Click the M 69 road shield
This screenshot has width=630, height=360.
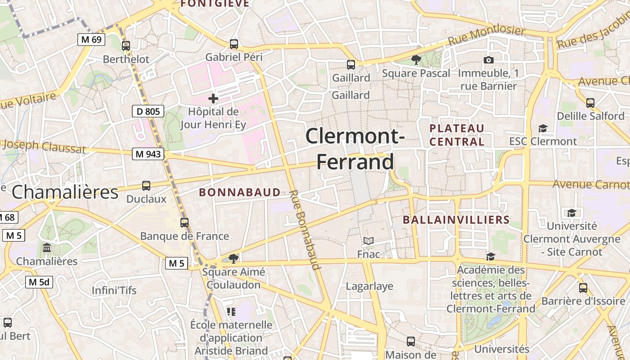tap(91, 40)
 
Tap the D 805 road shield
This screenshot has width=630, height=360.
tap(148, 111)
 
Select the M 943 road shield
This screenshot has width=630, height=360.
tap(148, 154)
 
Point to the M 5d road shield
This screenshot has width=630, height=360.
tap(39, 282)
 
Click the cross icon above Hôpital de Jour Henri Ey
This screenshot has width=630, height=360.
tap(213, 98)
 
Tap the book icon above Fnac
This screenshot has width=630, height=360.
tap(369, 241)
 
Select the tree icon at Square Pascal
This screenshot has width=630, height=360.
tap(416, 59)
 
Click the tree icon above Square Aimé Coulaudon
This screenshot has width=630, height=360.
tap(233, 258)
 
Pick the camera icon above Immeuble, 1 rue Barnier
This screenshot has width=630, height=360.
tap(489, 60)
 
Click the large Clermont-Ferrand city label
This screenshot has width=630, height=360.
tap(355, 148)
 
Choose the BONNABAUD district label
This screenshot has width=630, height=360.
tap(240, 193)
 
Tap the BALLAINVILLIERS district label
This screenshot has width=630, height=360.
tap(456, 220)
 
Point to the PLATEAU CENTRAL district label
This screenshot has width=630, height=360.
tap(457, 135)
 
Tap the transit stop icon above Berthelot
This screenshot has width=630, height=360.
tap(126, 45)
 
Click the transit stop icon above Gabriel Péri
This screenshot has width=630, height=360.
tap(234, 44)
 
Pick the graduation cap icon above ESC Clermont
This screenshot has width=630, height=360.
tap(543, 128)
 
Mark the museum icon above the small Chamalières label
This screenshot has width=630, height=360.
tap(47, 248)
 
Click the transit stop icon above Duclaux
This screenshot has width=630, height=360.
tap(146, 185)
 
